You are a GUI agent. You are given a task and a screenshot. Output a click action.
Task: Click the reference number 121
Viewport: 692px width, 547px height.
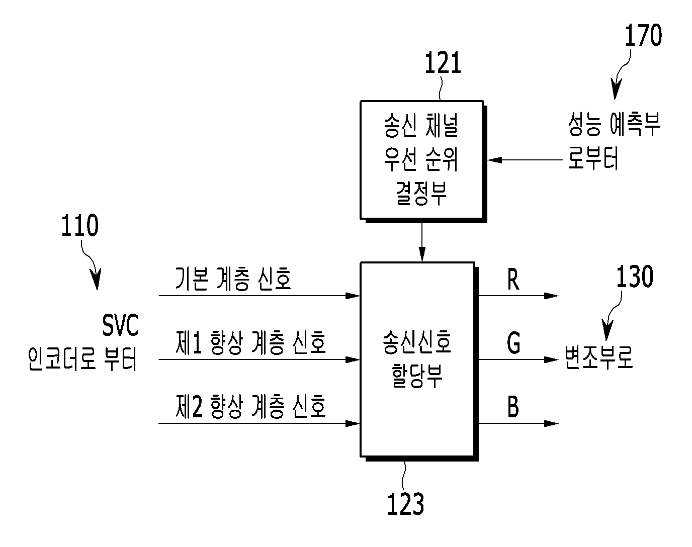point(443,63)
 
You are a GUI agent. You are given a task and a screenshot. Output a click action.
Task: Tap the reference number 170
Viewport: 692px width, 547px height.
point(643,35)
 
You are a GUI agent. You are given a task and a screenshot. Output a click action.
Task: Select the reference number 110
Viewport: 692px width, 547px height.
point(80,225)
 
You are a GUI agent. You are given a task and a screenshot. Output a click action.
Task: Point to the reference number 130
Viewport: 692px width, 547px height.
point(635,276)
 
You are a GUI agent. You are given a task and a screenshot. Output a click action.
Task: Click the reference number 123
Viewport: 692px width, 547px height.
point(405,504)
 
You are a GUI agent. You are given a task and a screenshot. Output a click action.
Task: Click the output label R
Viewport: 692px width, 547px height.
point(513,280)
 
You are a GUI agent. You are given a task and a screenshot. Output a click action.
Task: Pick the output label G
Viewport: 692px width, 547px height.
point(513,343)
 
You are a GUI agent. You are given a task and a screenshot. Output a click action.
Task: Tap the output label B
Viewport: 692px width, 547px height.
point(513,407)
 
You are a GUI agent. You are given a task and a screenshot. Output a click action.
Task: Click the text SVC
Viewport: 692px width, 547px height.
point(120,325)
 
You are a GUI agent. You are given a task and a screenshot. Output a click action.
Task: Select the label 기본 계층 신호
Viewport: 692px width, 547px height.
point(233,279)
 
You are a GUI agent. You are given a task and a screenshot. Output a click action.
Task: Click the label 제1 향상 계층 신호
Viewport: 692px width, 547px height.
point(251,343)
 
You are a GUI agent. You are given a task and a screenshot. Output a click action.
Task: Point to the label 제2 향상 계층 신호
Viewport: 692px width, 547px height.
point(251,406)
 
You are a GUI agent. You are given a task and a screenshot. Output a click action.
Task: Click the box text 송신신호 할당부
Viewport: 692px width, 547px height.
point(417,359)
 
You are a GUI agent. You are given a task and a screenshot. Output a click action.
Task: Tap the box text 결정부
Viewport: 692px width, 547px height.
point(421,193)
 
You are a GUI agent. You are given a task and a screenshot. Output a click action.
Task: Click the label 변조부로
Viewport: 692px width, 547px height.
point(599,357)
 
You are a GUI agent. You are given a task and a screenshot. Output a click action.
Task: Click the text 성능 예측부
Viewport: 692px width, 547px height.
point(614,124)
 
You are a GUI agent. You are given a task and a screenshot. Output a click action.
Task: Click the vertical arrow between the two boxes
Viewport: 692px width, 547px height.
point(422,242)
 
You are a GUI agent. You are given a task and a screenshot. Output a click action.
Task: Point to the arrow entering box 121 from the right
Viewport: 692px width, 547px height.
point(525,160)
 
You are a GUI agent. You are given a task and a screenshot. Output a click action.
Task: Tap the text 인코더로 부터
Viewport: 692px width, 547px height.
point(82,359)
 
